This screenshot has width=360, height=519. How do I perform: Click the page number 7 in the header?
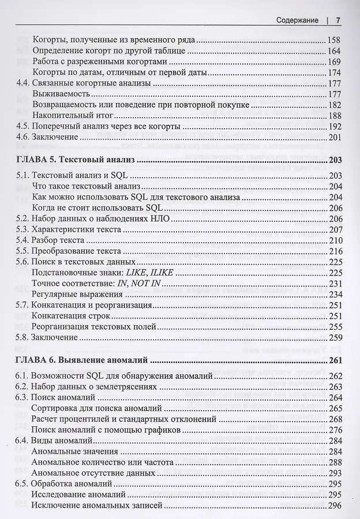pyautogui.click(x=339, y=20)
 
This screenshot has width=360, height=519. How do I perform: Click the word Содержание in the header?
pyautogui.click(x=297, y=20)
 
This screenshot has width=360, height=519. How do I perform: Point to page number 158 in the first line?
pyautogui.click(x=334, y=40)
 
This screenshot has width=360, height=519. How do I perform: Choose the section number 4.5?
pyautogui.click(x=23, y=126)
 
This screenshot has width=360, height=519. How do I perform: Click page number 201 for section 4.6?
pyautogui.click(x=334, y=137)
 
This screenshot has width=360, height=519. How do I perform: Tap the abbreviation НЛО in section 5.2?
pyautogui.click(x=159, y=219)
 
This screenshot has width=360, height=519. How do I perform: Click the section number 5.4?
pyautogui.click(x=23, y=240)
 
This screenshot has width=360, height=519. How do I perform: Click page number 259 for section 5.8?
pyautogui.click(x=334, y=337)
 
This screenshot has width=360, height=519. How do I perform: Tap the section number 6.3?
pyautogui.click(x=23, y=398)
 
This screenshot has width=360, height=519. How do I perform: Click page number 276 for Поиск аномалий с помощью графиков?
pyautogui.click(x=334, y=430)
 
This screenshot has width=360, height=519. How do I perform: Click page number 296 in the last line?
pyautogui.click(x=334, y=506)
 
